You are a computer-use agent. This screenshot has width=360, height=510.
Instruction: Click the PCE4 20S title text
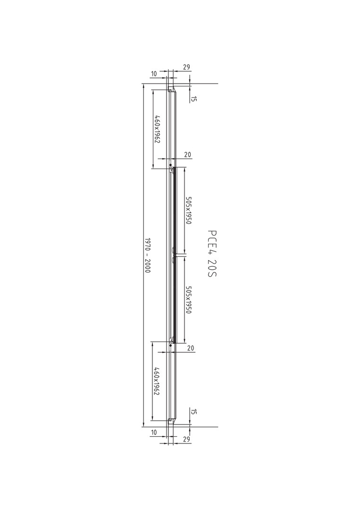coord(212,254)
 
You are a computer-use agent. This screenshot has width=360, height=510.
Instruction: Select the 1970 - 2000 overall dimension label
coord(147,255)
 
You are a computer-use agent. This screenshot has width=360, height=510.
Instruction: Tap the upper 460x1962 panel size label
coord(157,129)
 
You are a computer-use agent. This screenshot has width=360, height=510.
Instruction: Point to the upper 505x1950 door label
coord(188,211)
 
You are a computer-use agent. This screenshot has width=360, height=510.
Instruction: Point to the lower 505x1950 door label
coord(188,299)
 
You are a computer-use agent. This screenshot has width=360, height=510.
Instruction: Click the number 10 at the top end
coord(154,74)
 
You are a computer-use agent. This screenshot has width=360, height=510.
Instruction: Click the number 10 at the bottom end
coord(154,432)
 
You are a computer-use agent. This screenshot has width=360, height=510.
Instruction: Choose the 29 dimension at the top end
coord(186,68)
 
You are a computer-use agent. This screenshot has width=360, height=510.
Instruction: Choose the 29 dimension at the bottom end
coord(186,439)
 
